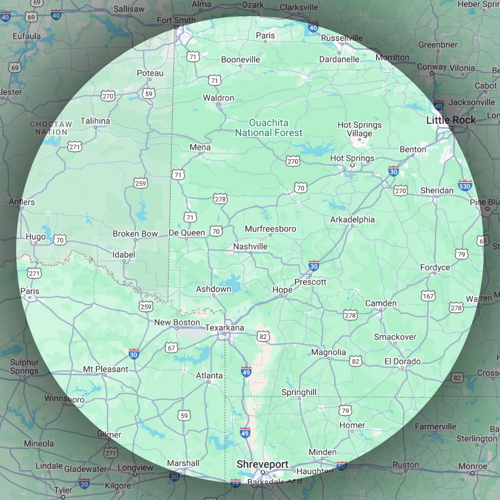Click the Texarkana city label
[x=225, y=327]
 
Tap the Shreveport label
[x=262, y=464]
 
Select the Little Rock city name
[x=451, y=120]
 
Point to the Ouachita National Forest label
[x=269, y=128]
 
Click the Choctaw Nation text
[x=51, y=128]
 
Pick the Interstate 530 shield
[x=465, y=186]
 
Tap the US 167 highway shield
[x=428, y=296]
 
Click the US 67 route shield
[x=172, y=348]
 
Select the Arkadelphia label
[x=352, y=219]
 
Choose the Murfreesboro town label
[x=270, y=229]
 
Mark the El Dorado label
[x=402, y=361]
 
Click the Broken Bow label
[x=135, y=234]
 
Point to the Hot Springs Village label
[x=360, y=129]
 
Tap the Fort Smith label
[x=176, y=20]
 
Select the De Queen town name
[x=187, y=232]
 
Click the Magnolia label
[x=328, y=352]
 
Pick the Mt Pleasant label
[x=106, y=369]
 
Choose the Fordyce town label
[x=435, y=267]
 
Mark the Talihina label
[x=95, y=121]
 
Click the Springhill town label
[x=299, y=392]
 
